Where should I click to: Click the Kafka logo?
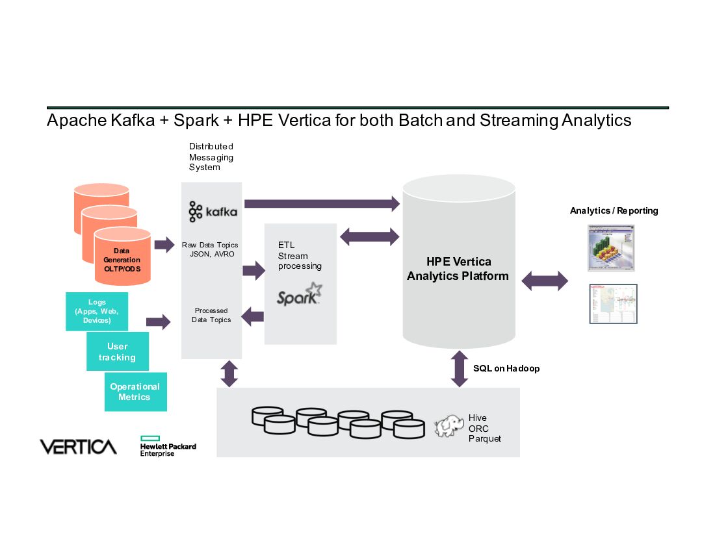click(213, 212)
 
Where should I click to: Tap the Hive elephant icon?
click(450, 426)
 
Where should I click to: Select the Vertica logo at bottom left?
click(78, 447)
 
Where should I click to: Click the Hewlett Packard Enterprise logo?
click(167, 446)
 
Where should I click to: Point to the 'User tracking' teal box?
click(118, 351)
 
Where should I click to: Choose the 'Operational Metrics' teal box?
click(135, 392)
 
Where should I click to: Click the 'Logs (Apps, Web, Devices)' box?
click(97, 311)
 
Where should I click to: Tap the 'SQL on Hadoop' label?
click(506, 368)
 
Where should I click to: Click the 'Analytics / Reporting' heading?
click(614, 210)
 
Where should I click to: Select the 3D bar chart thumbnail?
click(610, 247)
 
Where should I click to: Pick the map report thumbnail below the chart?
click(613, 303)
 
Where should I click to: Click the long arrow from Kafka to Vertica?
click(322, 204)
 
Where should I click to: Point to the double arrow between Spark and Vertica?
click(369, 236)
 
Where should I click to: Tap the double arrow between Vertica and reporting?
click(545, 281)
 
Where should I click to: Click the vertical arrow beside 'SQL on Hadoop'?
click(460, 369)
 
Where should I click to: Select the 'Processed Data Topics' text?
click(211, 315)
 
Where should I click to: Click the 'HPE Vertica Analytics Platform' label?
click(458, 269)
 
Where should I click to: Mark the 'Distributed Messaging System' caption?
click(211, 157)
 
